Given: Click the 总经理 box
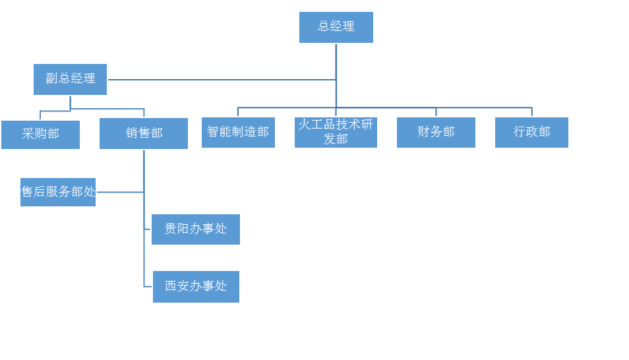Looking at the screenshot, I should tap(336, 27).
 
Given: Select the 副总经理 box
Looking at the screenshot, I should tap(70, 79).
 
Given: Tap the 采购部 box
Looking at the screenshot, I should tap(40, 135).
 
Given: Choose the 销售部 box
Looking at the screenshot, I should tap(144, 133).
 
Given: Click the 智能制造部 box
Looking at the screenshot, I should tap(238, 133).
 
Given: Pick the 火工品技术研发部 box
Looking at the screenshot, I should tap(336, 133).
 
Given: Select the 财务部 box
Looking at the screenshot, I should tap(436, 133).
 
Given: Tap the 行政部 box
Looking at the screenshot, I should tap(531, 133).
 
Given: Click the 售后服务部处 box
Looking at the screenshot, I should tap(58, 192).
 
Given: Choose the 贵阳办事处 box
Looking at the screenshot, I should tap(196, 229).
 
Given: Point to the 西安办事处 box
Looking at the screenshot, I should tap(196, 287).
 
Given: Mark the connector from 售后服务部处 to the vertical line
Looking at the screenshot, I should tap(120, 192).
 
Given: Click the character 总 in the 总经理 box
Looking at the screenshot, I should tap(324, 26).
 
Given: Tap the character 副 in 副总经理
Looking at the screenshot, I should tap(51, 78).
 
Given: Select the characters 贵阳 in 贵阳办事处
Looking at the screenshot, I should tap(177, 229).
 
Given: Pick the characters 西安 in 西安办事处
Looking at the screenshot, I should tap(177, 286).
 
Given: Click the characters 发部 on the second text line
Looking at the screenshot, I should tap(336, 139).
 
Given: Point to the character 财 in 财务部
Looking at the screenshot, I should tap(423, 132).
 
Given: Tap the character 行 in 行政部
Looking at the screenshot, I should tap(520, 132).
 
